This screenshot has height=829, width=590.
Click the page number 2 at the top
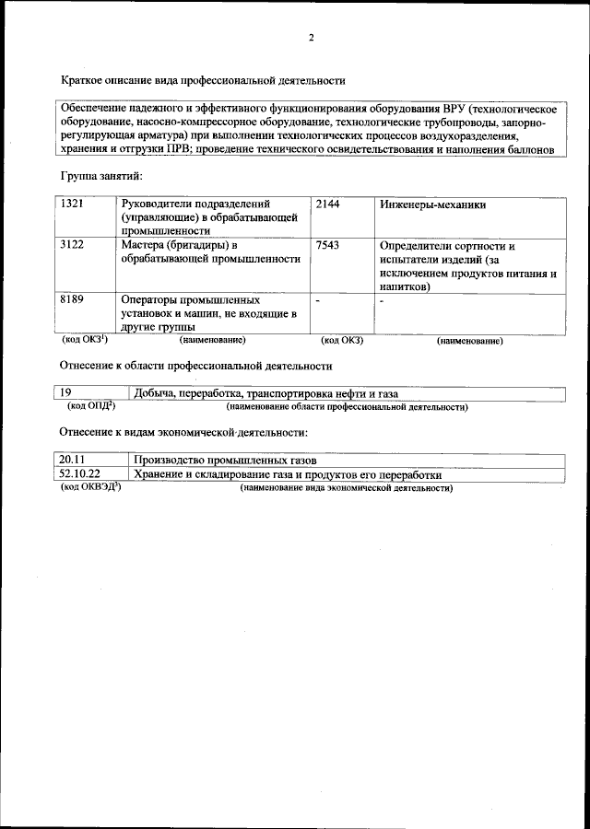pyautogui.click(x=311, y=38)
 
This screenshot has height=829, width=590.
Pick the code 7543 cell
pyautogui.click(x=327, y=246)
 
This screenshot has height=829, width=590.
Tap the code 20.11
pyautogui.click(x=72, y=460)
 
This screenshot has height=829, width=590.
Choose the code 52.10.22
pyautogui.click(x=78, y=474)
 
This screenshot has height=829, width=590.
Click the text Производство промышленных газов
pyautogui.click(x=225, y=460)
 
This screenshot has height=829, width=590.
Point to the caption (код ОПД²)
pyautogui.click(x=91, y=406)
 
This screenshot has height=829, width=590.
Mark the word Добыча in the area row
pyautogui.click(x=153, y=394)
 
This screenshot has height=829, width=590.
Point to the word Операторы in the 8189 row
pyautogui.click(x=150, y=300)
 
